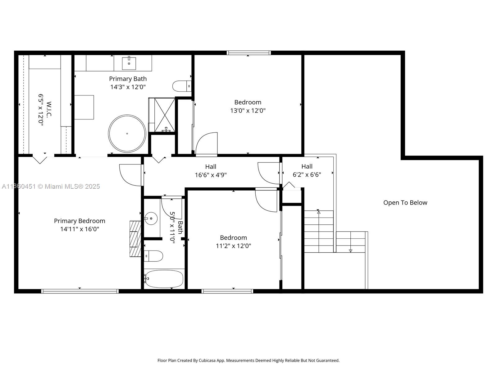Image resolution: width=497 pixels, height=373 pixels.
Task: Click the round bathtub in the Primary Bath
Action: pyautogui.click(x=127, y=134)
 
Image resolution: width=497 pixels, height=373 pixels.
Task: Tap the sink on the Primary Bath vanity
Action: pyautogui.click(x=129, y=63)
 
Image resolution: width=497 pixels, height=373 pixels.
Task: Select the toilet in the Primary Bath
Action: pyautogui.click(x=181, y=86)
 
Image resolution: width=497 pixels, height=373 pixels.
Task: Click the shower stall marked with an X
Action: pyautogui.click(x=165, y=115)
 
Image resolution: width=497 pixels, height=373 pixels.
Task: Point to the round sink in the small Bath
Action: pyautogui.click(x=151, y=219)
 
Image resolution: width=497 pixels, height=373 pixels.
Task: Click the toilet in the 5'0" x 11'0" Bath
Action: pyautogui.click(x=154, y=256)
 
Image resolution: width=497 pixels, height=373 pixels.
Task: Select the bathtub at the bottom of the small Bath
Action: pyautogui.click(x=164, y=279)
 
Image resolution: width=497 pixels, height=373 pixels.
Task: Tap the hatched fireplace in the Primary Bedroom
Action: pyautogui.click(x=135, y=239)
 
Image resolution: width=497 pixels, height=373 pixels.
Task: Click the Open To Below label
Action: pyautogui.click(x=405, y=203)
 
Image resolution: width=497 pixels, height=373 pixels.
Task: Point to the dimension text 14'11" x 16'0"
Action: pyautogui.click(x=80, y=229)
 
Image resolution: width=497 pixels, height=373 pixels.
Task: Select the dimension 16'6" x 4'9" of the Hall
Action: pyautogui.click(x=211, y=175)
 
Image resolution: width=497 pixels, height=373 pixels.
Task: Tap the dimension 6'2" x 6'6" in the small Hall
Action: pyautogui.click(x=307, y=175)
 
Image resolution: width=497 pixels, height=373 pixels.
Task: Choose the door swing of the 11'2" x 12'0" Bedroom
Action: pyautogui.click(x=266, y=200)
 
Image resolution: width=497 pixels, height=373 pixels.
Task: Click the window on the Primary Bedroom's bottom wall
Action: pyautogui.click(x=80, y=291)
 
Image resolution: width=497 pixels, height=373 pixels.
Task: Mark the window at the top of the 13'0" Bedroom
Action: pyautogui.click(x=248, y=53)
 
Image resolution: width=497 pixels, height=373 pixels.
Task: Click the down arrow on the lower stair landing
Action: pyautogui.click(x=350, y=251)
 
